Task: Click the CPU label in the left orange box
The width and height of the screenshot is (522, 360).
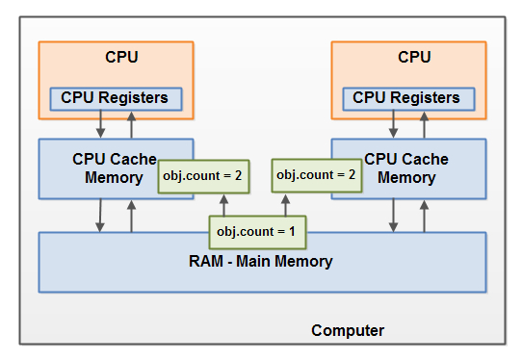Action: click(x=121, y=57)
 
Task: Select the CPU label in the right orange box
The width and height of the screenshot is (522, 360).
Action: click(x=414, y=57)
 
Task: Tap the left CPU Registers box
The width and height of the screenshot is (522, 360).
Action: click(x=115, y=98)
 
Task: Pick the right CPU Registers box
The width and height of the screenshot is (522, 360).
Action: click(x=406, y=98)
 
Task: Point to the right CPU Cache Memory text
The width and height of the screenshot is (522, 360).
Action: click(x=400, y=167)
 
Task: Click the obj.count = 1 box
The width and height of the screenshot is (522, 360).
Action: click(x=257, y=232)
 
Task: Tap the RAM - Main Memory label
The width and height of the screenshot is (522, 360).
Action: click(x=261, y=261)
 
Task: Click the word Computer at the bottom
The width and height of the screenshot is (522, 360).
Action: click(x=348, y=330)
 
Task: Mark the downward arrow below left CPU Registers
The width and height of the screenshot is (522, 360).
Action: click(x=101, y=125)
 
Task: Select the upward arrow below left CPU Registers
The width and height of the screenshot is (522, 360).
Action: click(x=132, y=125)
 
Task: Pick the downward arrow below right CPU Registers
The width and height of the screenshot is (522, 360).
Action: click(x=393, y=125)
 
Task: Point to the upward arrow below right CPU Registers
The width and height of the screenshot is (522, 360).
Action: click(x=424, y=125)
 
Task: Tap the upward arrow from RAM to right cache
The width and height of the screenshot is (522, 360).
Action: click(x=424, y=217)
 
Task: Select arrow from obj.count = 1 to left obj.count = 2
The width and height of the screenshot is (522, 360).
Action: click(x=223, y=205)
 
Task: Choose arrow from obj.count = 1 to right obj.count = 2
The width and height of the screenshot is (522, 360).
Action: click(x=286, y=203)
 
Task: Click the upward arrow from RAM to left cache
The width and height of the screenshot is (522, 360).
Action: click(x=132, y=217)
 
